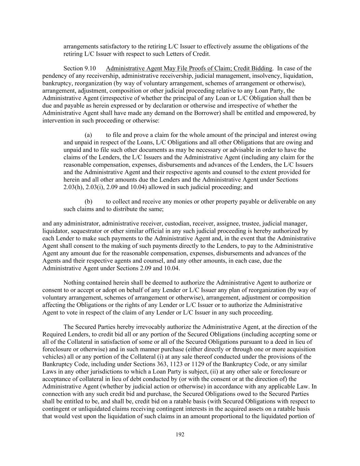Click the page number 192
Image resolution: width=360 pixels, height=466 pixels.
tap(180, 435)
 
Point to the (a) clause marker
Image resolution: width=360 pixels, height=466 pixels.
tap(88, 135)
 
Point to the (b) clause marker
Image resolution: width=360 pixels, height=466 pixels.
tap(88, 201)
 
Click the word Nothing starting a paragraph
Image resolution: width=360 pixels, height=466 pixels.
tap(74, 283)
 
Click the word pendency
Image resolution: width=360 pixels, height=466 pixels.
tap(54, 76)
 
